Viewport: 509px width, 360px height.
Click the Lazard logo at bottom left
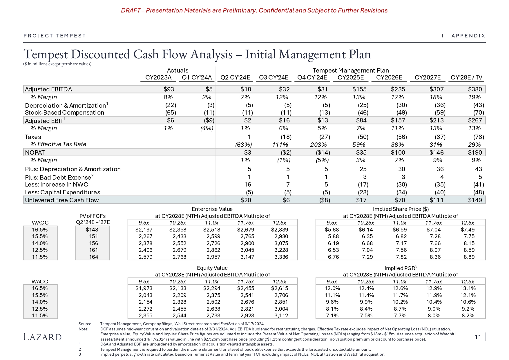click(x=42, y=337)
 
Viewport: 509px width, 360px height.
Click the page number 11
click(x=478, y=337)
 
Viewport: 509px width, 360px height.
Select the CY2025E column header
click(x=351, y=77)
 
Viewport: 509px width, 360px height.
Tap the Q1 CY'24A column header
click(x=197, y=77)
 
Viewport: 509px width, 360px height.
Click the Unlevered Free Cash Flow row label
click(x=62, y=200)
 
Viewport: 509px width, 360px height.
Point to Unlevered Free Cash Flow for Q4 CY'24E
click(x=325, y=200)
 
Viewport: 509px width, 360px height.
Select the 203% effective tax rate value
click(x=318, y=144)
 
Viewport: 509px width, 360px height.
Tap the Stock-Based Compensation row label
click(x=64, y=113)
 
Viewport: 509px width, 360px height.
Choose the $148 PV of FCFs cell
click(x=92, y=230)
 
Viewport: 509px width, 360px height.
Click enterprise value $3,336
click(x=281, y=257)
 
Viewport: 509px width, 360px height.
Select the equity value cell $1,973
click(x=144, y=288)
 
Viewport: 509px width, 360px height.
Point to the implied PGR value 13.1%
click(x=468, y=288)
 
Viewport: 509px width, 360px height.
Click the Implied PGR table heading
click(x=400, y=268)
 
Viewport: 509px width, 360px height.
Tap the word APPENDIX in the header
click(x=468, y=36)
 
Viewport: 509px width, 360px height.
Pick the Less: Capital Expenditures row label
click(x=63, y=192)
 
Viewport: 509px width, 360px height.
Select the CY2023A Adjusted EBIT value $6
click(x=170, y=120)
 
